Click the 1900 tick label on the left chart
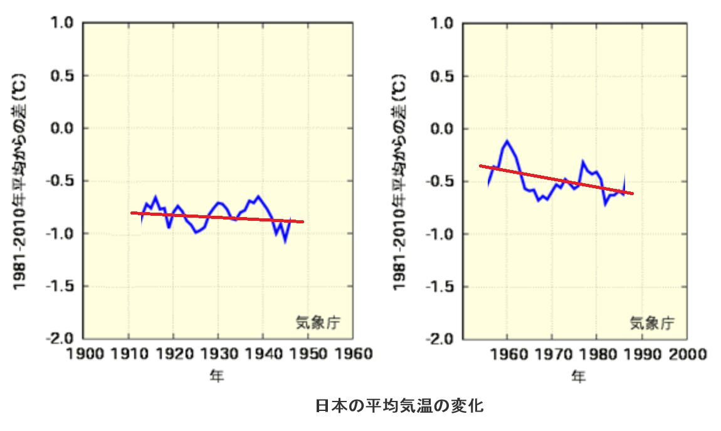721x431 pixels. pyautogui.click(x=84, y=354)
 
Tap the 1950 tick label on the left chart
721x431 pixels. pyautogui.click(x=308, y=354)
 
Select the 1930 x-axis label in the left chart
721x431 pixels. pyautogui.click(x=218, y=354)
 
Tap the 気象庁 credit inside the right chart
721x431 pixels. pyautogui.click(x=652, y=323)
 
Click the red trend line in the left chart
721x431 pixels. pyautogui.click(x=219, y=217)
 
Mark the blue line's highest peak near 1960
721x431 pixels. pyautogui.click(x=507, y=141)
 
